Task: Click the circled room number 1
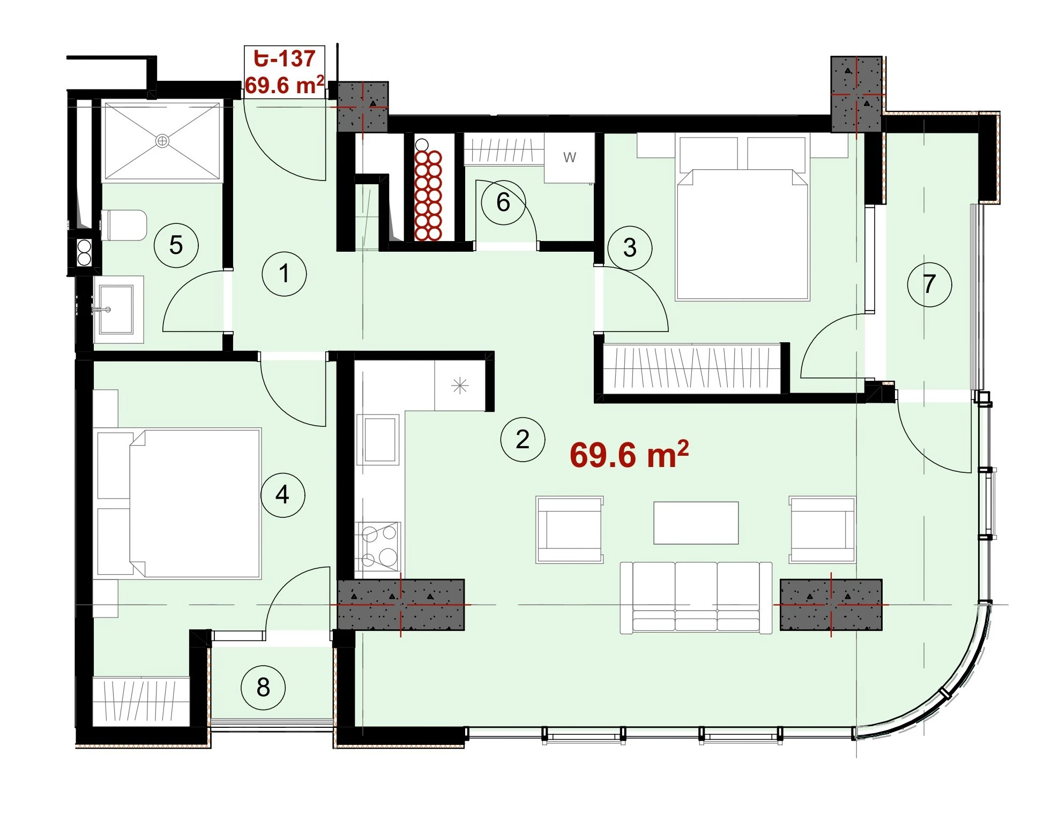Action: (x=284, y=274)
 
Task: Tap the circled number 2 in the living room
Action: (x=523, y=439)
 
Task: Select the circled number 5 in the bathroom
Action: (x=176, y=245)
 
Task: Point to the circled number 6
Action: (x=503, y=202)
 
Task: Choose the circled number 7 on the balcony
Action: (x=929, y=284)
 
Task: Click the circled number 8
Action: (x=263, y=687)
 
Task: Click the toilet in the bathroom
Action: (x=124, y=225)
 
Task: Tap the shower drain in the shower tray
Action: (x=162, y=141)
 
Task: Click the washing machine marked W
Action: (x=569, y=158)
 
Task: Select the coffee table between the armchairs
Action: (x=696, y=523)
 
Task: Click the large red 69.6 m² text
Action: (x=629, y=454)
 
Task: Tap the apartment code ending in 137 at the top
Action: (x=285, y=58)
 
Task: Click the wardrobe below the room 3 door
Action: (x=691, y=369)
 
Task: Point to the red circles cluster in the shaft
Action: (x=428, y=195)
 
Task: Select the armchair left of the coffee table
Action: (x=570, y=530)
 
